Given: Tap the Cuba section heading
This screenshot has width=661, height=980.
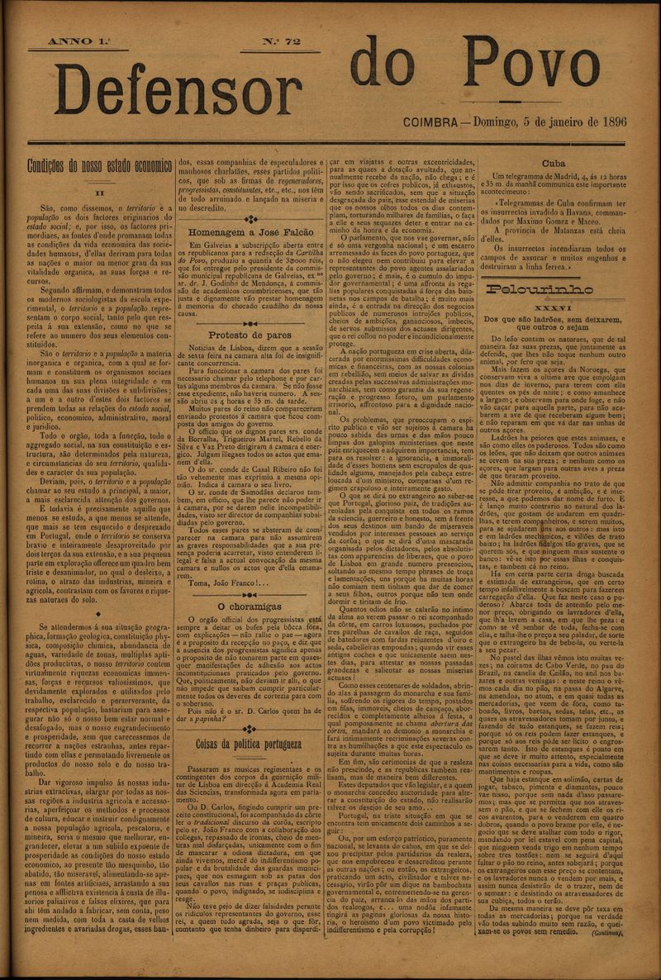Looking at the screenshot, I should click(553, 163).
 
